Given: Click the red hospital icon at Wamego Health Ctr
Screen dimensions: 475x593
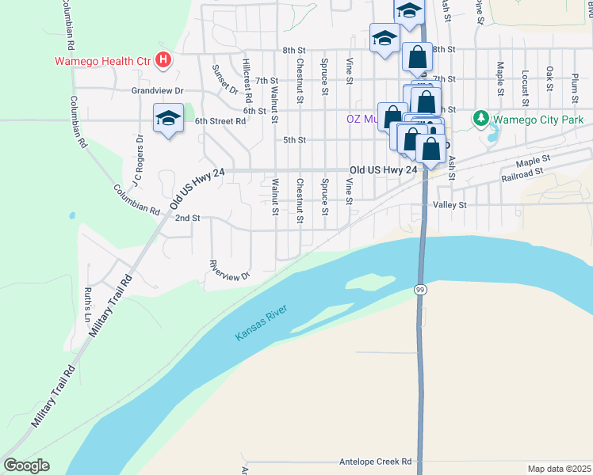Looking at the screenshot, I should pyautogui.click(x=163, y=59).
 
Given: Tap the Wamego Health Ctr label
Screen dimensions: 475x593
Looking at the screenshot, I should pyautogui.click(x=103, y=59).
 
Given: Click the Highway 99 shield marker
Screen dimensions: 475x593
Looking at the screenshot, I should pyautogui.click(x=419, y=291).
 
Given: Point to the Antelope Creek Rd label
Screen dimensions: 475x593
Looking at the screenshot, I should pyautogui.click(x=374, y=461).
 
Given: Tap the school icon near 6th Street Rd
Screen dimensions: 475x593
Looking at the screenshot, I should pyautogui.click(x=168, y=119).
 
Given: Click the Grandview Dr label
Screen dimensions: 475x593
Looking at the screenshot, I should pyautogui.click(x=157, y=91).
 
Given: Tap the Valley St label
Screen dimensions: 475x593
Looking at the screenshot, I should pyautogui.click(x=450, y=204).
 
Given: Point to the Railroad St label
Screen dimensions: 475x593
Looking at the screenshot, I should pyautogui.click(x=522, y=173).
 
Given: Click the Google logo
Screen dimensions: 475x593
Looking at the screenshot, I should pyautogui.click(x=26, y=465).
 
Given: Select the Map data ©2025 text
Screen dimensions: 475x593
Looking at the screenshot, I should pyautogui.click(x=559, y=469).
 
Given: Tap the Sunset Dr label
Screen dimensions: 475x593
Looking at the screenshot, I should pyautogui.click(x=220, y=78).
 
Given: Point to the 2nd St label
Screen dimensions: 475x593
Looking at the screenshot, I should pyautogui.click(x=187, y=218).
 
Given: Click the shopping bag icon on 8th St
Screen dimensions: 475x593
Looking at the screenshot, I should pyautogui.click(x=417, y=58).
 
